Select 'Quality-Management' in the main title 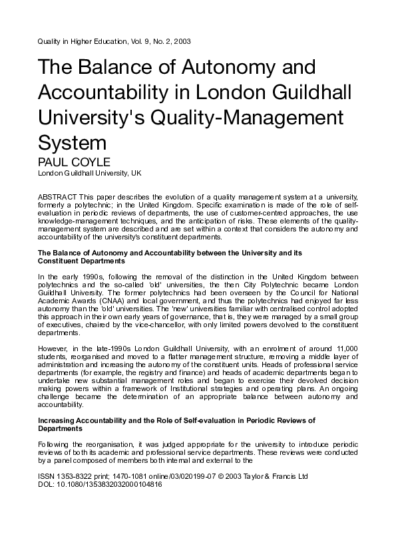coord(251,116)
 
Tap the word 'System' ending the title coord(72,142)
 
